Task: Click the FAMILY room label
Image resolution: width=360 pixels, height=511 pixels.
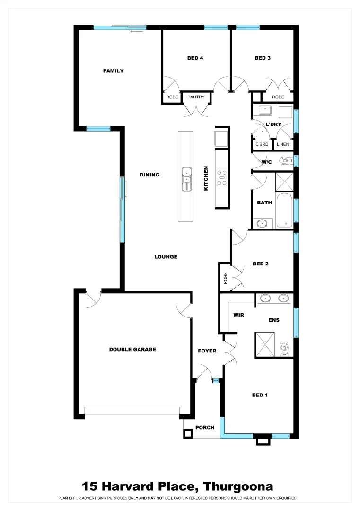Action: click(113, 71)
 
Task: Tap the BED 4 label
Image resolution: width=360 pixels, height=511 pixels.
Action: click(195, 58)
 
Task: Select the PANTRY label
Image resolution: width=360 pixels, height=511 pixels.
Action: click(196, 97)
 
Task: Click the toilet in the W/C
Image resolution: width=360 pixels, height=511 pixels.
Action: click(284, 161)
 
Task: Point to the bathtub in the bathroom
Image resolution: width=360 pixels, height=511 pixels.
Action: click(285, 210)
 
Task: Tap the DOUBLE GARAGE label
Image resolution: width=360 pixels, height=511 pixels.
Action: click(132, 350)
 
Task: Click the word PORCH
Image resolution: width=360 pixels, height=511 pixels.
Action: click(205, 428)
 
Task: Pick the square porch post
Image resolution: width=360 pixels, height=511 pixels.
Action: click(188, 433)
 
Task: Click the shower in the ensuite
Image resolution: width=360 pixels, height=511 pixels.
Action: click(265, 343)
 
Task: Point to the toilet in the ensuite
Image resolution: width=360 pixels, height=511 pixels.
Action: click(284, 348)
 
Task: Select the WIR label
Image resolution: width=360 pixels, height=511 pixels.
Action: click(238, 315)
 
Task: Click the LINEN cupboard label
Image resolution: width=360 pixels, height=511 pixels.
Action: click(283, 144)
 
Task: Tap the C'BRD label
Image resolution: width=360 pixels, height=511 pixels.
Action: click(262, 144)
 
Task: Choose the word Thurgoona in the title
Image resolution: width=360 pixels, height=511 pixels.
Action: click(238, 486)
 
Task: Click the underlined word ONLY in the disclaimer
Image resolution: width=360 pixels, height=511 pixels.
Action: click(133, 498)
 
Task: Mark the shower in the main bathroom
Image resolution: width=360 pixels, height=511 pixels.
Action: click(284, 181)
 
